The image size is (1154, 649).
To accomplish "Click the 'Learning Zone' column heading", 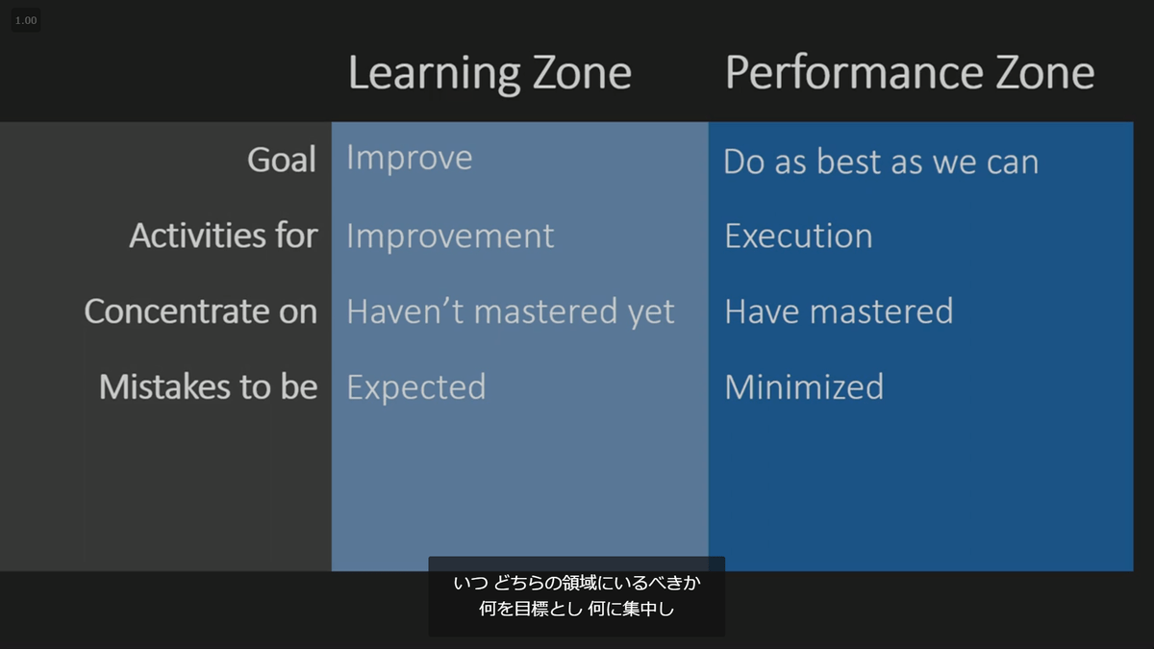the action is coord(489,74).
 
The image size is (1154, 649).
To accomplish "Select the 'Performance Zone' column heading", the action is coord(910,73).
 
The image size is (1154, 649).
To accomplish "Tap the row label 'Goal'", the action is coord(282,160).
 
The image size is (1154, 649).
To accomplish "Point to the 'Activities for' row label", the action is coord(223,236).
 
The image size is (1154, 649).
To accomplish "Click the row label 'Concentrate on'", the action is coord(201,312).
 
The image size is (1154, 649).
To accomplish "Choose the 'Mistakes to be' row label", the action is coord(208,387).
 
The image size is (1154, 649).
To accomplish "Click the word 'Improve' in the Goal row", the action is coord(410,158).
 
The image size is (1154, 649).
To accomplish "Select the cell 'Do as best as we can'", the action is coord(881,162).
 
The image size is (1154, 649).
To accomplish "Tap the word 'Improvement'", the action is coord(450,237).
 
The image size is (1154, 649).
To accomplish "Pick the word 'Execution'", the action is coord(798,236).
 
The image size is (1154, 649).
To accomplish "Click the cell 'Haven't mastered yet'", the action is coord(511,312).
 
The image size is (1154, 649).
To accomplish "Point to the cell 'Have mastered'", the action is coord(840,312).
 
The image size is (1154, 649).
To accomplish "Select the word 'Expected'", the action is coord(416,387).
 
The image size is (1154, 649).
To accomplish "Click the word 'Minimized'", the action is coord(804,387).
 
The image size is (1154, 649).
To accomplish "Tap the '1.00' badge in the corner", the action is coord(26,20).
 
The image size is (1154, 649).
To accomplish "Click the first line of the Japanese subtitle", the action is coord(577,583).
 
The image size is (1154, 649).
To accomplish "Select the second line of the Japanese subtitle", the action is coord(577,609).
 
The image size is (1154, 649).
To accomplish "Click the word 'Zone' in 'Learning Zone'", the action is coord(582,73).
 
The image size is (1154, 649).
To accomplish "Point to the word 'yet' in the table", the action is coord(651,313).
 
